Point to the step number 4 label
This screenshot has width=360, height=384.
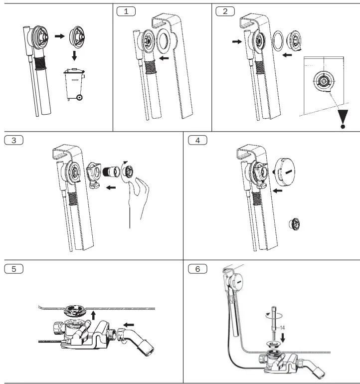coord(197,140)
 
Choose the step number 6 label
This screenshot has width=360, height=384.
coord(197,268)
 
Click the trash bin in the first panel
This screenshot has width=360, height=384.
coord(73,85)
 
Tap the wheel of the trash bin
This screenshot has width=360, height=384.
coord(79,97)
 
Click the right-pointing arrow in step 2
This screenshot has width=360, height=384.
coord(236,43)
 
